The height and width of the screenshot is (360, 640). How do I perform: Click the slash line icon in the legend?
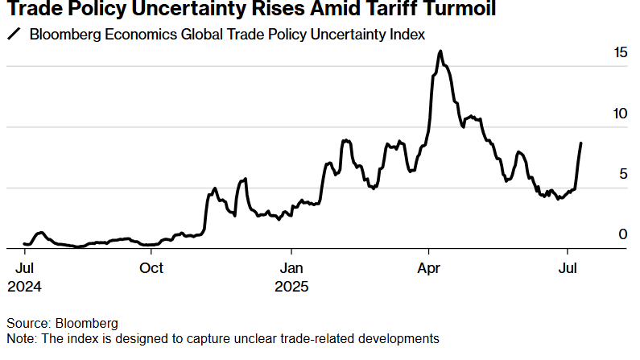tap(14, 35)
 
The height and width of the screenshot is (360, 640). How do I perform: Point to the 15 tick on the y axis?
tap(619, 52)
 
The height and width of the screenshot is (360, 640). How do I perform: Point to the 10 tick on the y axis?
tap(619, 114)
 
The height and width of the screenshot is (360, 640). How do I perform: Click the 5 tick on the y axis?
tap(622, 174)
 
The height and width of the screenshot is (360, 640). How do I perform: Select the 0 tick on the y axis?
tap(622, 234)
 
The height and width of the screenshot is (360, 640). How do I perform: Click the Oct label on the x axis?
tap(151, 268)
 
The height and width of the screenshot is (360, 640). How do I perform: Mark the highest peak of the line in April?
tap(440, 52)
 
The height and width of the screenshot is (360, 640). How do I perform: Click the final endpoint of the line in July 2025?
tap(581, 143)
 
